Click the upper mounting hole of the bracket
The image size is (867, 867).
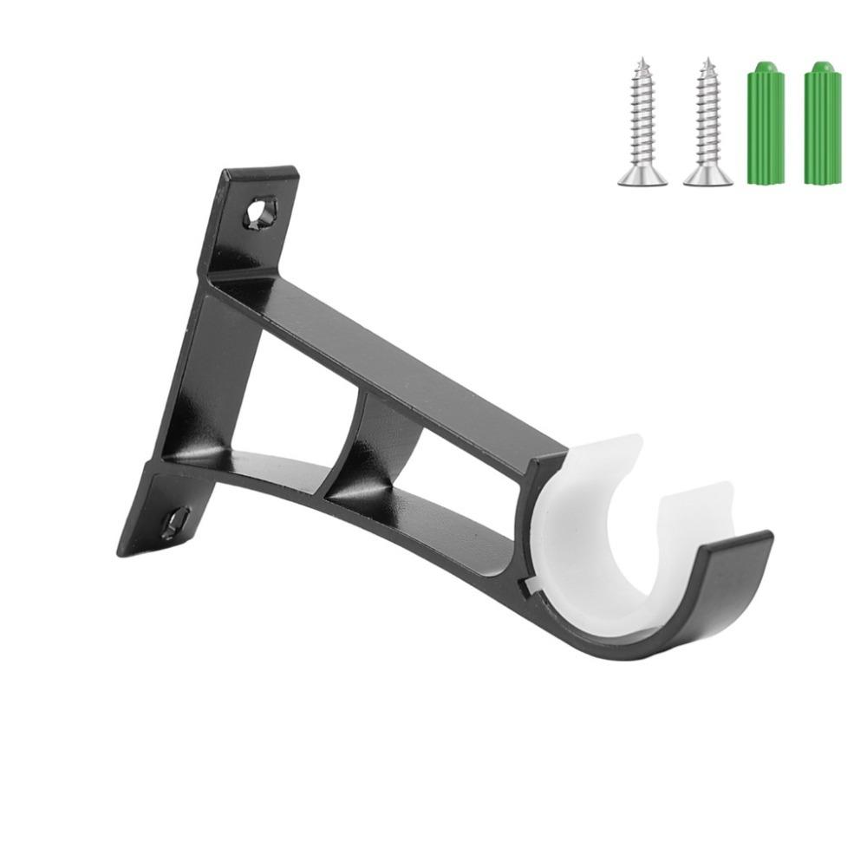click(x=261, y=211)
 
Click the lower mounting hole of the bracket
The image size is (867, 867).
click(x=175, y=523)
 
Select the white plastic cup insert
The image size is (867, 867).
click(x=598, y=529)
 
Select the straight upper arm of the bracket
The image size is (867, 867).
click(x=390, y=364)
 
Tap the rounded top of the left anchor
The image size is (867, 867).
click(x=765, y=67)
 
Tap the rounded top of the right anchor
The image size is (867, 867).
click(x=822, y=67)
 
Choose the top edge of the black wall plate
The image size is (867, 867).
click(x=260, y=172)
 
